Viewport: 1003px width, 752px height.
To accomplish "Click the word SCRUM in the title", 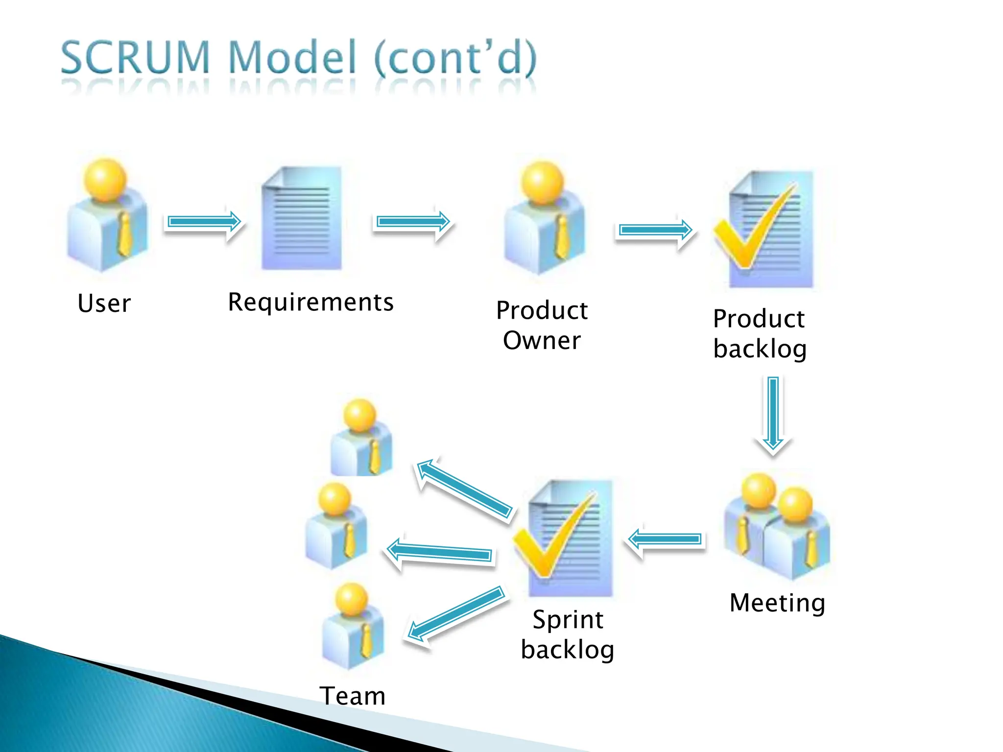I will click(135, 58).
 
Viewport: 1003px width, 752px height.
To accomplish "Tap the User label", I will click(104, 303).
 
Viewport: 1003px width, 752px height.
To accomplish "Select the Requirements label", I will click(310, 302).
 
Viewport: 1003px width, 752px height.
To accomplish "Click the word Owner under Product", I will click(542, 340).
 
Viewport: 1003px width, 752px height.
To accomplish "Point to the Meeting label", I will click(777, 603).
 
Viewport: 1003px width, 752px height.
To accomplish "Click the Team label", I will click(353, 696).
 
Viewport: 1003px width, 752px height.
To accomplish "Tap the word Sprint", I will click(568, 620).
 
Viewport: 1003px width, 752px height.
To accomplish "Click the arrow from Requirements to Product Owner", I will click(413, 222).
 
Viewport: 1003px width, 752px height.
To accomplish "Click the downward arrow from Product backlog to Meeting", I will click(773, 414).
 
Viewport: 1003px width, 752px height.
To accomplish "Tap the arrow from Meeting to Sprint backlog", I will click(666, 539).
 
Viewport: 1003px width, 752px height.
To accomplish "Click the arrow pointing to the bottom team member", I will click(456, 614).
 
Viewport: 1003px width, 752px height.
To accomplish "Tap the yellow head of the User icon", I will click(105, 179).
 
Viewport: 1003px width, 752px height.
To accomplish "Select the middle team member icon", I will click(336, 526).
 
